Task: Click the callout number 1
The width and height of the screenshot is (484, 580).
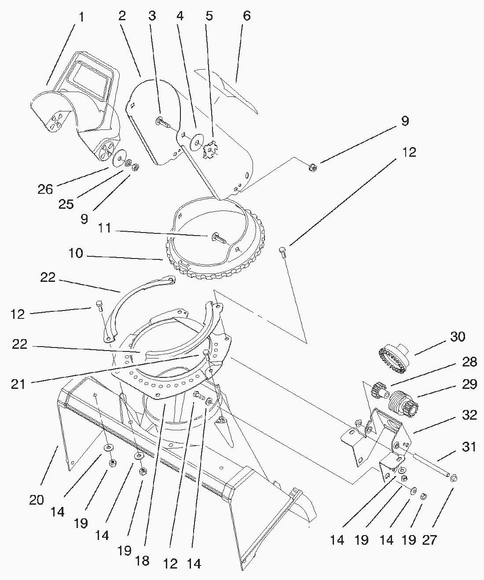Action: [81, 17]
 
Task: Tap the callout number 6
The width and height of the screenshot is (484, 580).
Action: [247, 16]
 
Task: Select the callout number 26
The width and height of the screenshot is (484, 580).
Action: [45, 189]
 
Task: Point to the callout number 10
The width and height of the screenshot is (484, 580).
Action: [76, 254]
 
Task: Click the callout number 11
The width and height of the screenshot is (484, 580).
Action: [105, 229]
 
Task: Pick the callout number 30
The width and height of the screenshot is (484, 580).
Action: [458, 336]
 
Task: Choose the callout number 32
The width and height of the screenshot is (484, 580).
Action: [469, 415]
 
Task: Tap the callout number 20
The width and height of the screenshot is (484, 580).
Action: [37, 500]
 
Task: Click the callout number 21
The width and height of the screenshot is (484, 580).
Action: [18, 384]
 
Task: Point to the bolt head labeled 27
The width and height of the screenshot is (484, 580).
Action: [454, 477]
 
